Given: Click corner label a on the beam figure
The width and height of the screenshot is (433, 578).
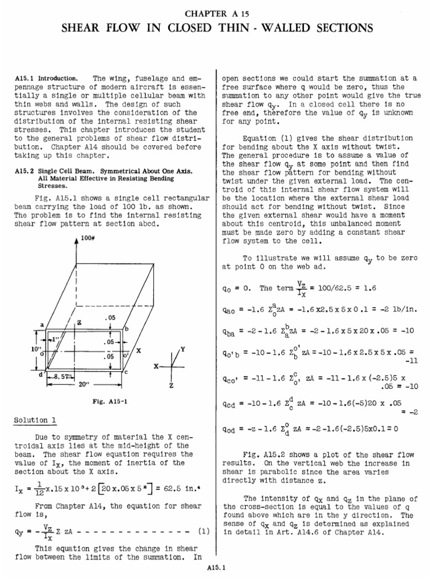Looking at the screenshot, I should [x=42, y=325].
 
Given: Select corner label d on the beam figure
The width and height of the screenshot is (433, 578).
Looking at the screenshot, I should [x=39, y=374].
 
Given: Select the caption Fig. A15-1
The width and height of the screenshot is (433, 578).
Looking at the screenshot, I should [x=107, y=402].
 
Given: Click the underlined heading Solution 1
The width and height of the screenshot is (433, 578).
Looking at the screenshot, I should [x=35, y=421].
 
